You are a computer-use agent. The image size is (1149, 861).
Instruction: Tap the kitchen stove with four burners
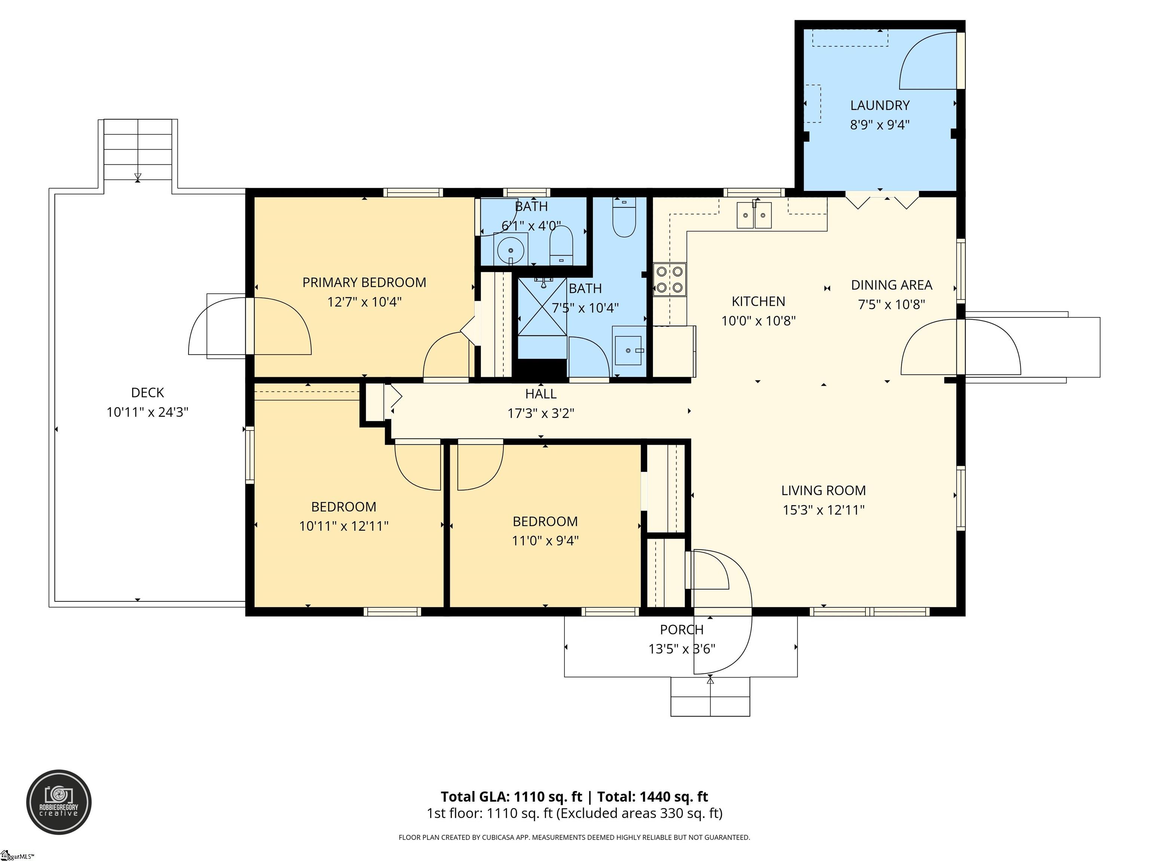[x=670, y=279]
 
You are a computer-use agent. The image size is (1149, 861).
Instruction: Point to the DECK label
[x=147, y=393]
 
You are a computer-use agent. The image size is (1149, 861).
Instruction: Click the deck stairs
[x=138, y=149]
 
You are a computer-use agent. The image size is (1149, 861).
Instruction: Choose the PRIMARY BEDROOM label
[x=364, y=283]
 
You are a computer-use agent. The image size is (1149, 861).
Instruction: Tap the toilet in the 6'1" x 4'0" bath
[x=561, y=246]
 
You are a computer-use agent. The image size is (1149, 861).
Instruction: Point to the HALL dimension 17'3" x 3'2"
[x=541, y=413]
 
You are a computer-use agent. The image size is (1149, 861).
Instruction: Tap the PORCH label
[x=681, y=630]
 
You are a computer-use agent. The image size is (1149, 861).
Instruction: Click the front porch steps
[x=710, y=697]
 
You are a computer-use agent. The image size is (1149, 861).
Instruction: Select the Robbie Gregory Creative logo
[x=59, y=802]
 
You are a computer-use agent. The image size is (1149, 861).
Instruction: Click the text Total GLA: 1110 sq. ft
[x=512, y=797]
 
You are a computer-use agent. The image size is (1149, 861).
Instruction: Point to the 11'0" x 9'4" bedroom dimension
[x=545, y=541]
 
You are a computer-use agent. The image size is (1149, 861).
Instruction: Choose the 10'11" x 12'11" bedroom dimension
[x=343, y=526]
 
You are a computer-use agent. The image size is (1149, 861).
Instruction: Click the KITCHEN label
[x=759, y=302]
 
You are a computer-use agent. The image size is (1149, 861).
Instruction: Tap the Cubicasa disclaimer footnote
[x=574, y=837]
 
